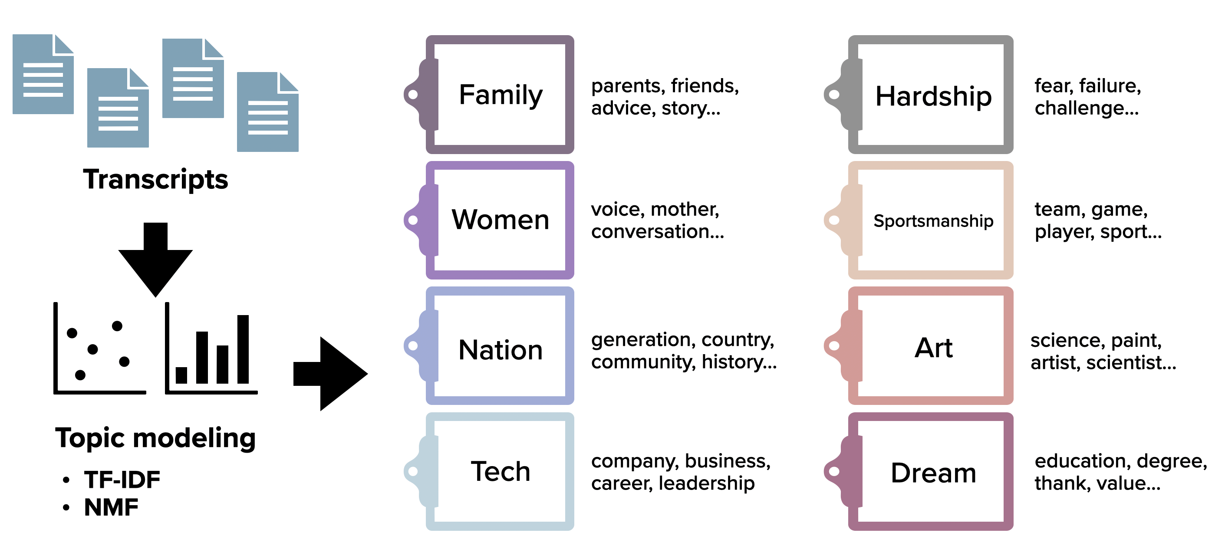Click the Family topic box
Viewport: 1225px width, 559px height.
(500, 95)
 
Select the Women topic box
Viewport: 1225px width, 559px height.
(500, 220)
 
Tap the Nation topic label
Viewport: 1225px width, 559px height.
(500, 350)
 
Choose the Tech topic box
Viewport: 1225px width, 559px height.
(500, 471)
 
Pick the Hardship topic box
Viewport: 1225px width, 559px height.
(933, 96)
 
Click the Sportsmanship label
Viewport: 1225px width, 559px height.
(933, 221)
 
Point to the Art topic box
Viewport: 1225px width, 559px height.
(933, 348)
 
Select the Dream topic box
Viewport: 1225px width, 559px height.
(933, 473)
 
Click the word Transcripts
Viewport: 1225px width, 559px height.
(155, 180)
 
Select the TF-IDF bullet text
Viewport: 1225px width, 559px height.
(122, 479)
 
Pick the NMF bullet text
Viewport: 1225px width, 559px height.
(111, 507)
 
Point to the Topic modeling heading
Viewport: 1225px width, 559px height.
(155, 437)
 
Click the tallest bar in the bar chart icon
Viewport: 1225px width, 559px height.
(243, 349)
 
